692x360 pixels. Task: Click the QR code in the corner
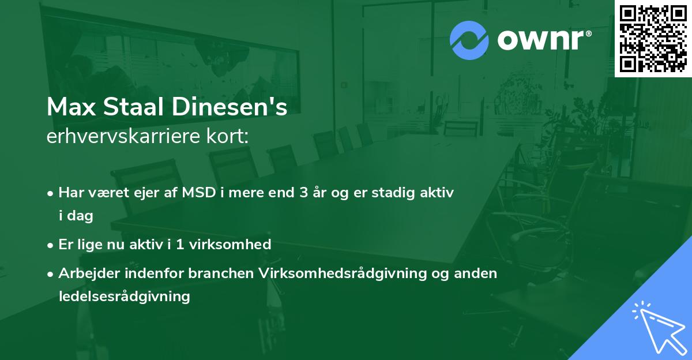pyautogui.click(x=653, y=39)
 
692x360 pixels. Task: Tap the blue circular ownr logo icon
pyautogui.click(x=469, y=40)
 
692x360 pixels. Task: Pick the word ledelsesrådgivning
pyautogui.click(x=124, y=297)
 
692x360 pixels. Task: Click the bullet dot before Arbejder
pyautogui.click(x=51, y=274)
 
